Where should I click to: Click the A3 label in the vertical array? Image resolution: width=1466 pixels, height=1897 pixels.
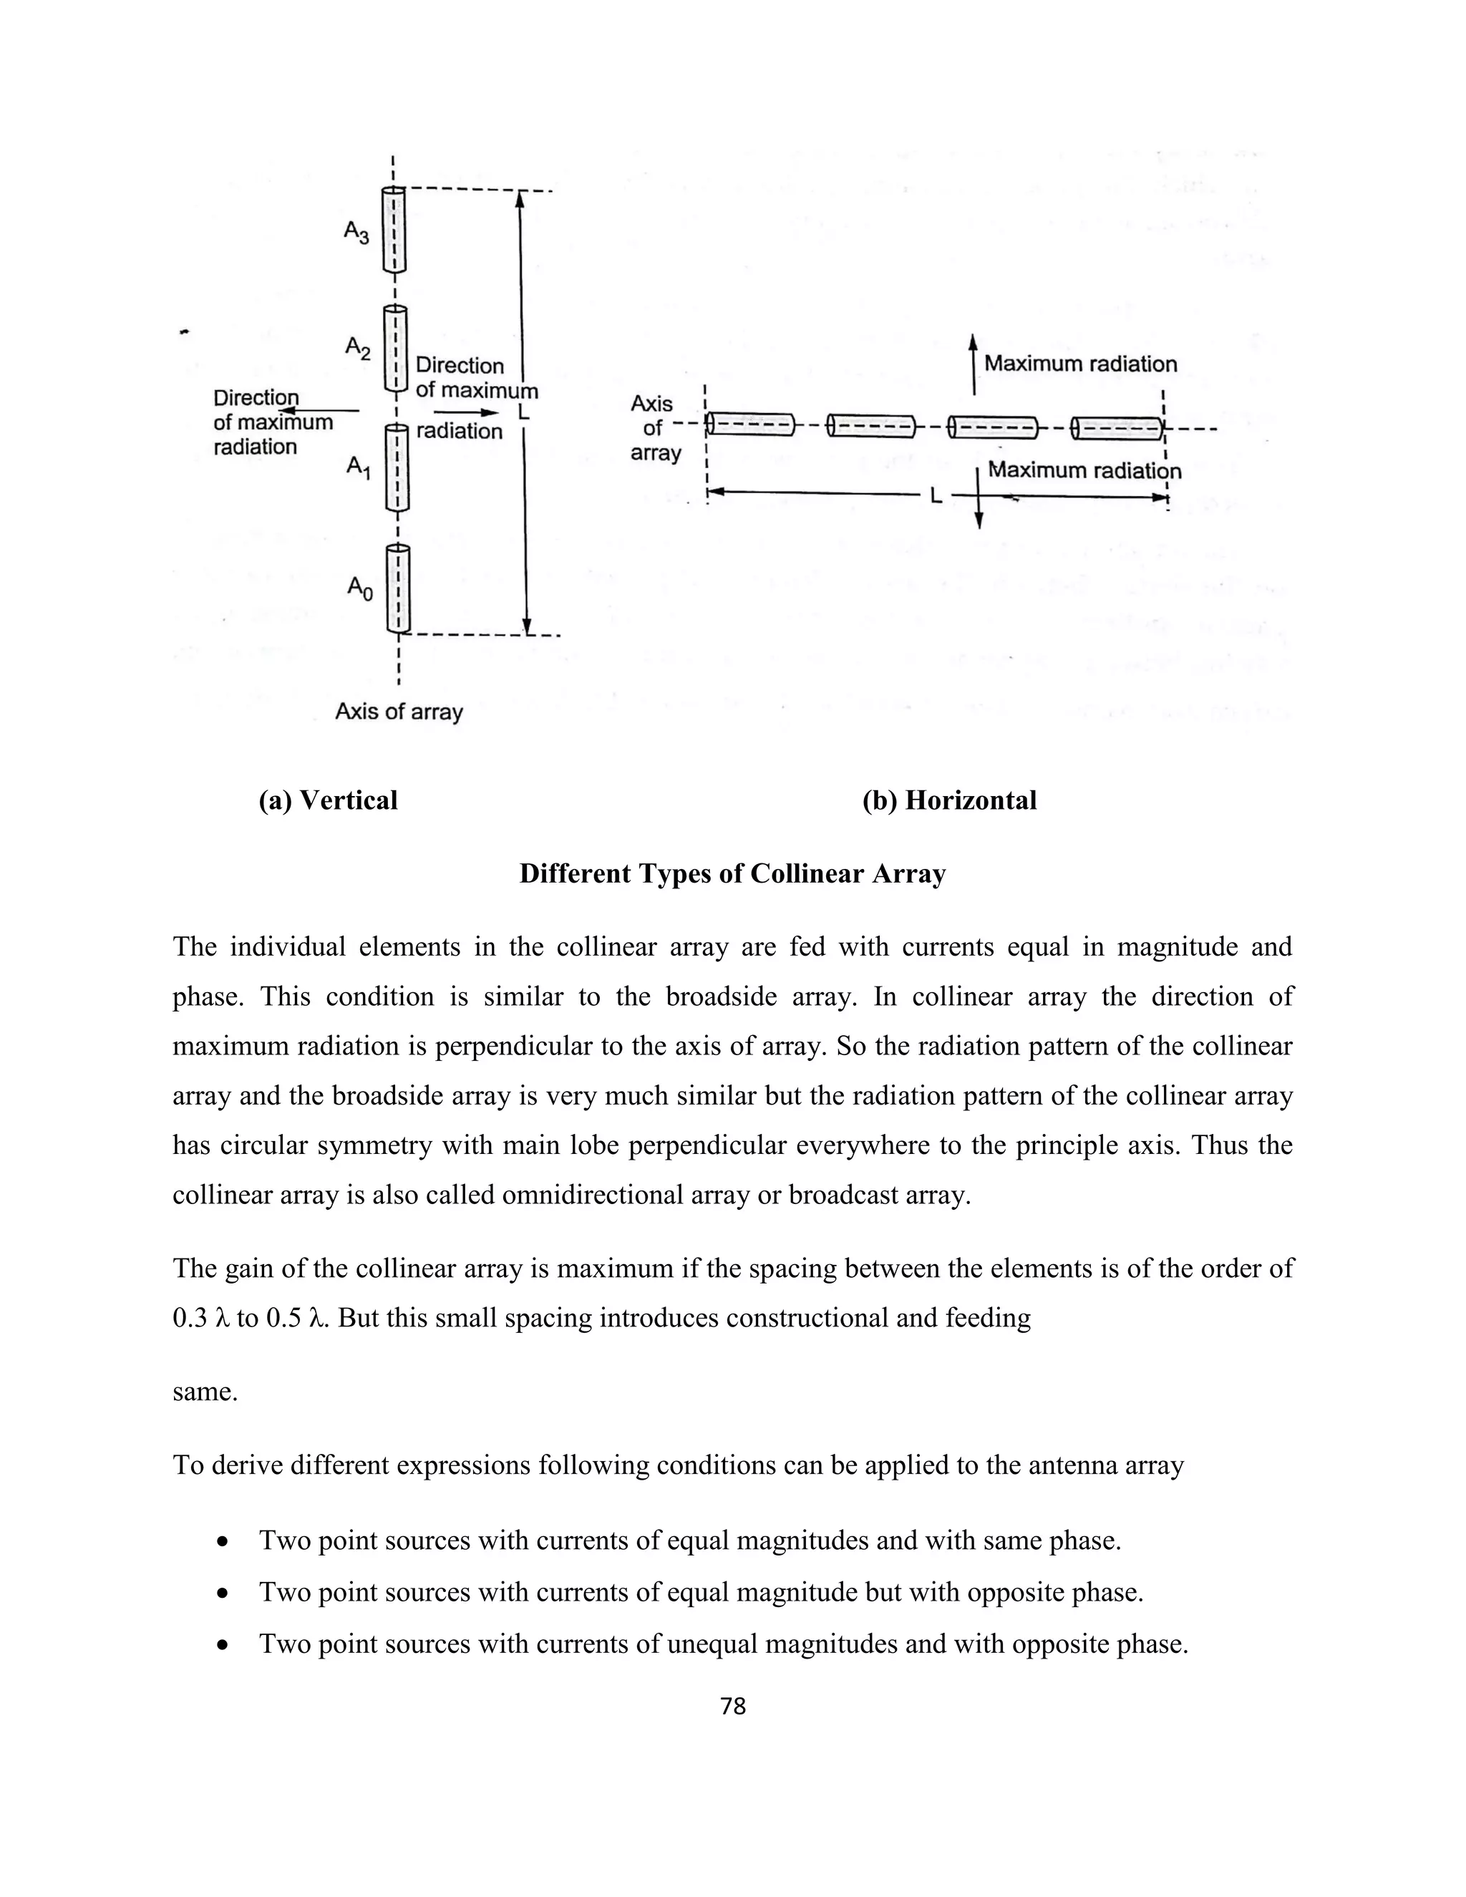pyautogui.click(x=356, y=232)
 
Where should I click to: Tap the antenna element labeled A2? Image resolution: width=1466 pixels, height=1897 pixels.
pyautogui.click(x=396, y=347)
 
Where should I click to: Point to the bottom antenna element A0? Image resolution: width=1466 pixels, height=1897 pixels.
pyautogui.click(x=398, y=588)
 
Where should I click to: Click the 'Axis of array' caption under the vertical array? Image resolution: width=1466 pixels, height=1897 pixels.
pyautogui.click(x=399, y=712)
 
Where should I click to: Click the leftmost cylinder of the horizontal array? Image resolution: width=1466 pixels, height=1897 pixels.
pyautogui.click(x=750, y=424)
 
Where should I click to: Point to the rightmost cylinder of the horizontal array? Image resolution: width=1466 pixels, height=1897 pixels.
pyautogui.click(x=1117, y=428)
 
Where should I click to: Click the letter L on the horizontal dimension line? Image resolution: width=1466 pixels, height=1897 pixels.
pyautogui.click(x=936, y=497)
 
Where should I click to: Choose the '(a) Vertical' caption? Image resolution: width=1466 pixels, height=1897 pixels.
pyautogui.click(x=329, y=800)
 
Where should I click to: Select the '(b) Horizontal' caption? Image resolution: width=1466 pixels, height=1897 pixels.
pyautogui.click(x=949, y=800)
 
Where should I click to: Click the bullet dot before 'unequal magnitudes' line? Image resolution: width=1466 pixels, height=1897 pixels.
pyautogui.click(x=224, y=1644)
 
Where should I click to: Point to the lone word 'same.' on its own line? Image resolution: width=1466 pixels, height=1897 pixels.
pyautogui.click(x=205, y=1392)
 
